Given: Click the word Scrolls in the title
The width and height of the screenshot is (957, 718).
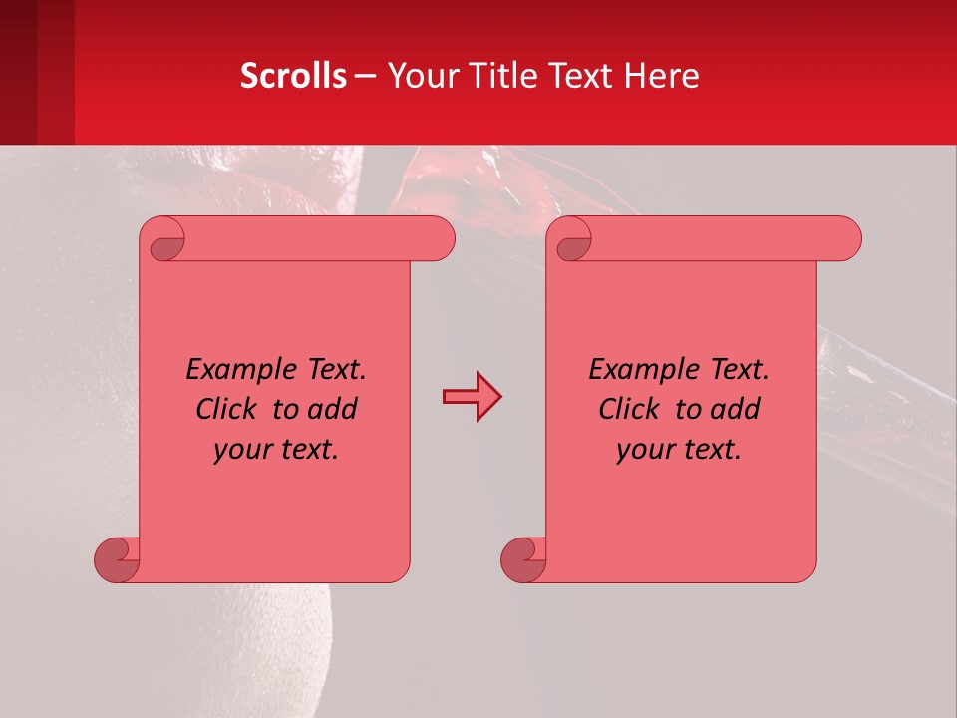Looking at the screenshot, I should (x=293, y=76).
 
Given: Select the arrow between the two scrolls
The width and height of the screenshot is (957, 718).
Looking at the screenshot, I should (x=472, y=397).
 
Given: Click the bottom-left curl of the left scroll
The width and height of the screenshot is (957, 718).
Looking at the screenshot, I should (x=117, y=558).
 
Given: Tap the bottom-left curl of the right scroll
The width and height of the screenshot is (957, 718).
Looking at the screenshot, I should (x=523, y=558).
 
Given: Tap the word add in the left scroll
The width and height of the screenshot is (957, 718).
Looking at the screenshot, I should (x=333, y=409).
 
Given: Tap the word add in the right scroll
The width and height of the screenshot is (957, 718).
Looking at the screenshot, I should (x=736, y=409).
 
